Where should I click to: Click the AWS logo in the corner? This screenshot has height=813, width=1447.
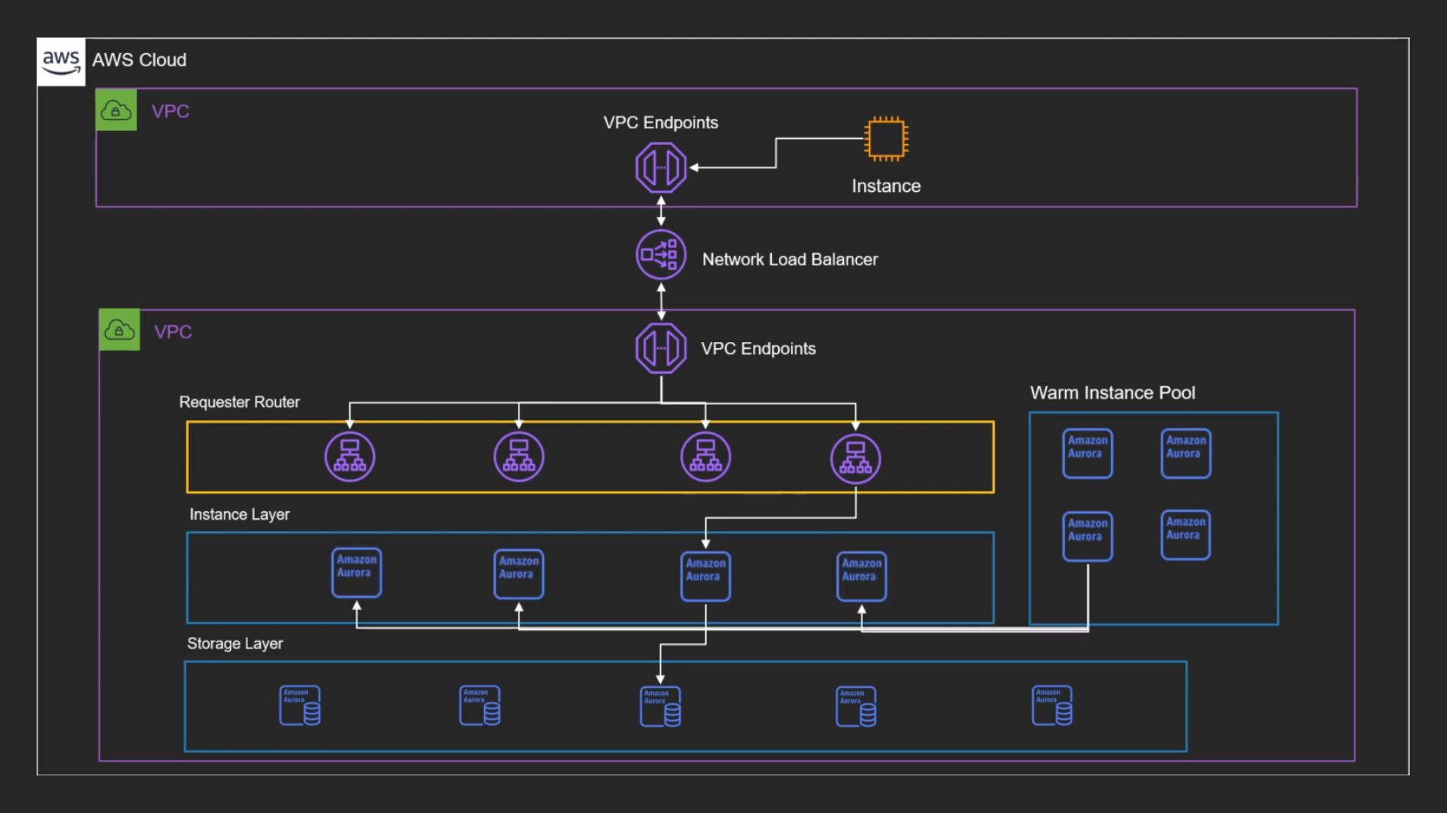61,61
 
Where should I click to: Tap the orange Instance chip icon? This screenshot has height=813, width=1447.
886,139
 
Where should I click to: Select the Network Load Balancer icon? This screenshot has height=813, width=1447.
661,255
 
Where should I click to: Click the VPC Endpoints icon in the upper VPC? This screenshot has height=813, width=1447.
661,168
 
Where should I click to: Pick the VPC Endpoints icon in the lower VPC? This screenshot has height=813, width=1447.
661,348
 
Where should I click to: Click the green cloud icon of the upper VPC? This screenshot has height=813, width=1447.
116,110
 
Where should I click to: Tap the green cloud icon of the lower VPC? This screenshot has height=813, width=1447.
119,330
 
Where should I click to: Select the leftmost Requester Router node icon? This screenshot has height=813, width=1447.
350,457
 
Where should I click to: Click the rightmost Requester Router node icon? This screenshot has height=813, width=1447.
855,458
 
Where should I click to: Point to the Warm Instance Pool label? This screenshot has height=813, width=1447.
1112,393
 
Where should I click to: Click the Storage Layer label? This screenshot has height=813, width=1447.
234,643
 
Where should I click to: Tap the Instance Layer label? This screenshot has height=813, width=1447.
239,514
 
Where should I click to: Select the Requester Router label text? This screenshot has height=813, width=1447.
239,402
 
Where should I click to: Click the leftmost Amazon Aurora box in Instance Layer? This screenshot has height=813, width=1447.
356,573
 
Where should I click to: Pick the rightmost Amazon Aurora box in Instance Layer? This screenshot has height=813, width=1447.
862,576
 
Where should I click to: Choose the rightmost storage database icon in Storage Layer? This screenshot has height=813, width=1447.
1052,705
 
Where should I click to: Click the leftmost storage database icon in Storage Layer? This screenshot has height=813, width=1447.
300,705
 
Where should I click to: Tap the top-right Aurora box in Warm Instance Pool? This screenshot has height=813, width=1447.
1185,453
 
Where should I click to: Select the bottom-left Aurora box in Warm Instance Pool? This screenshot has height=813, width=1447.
1087,536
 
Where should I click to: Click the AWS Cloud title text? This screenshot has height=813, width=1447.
139,60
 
